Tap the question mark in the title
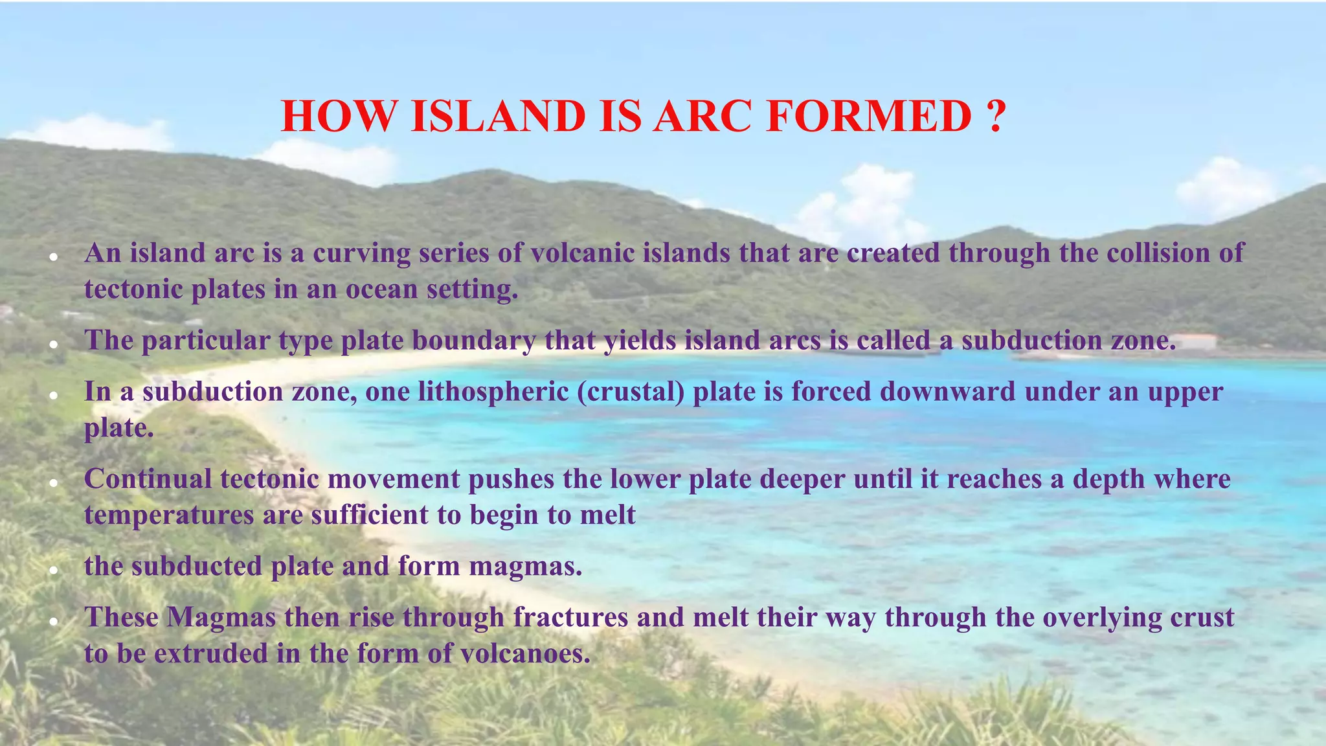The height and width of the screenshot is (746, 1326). pos(997,117)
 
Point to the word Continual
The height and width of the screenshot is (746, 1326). pos(148,479)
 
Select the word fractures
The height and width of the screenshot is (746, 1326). pos(570,617)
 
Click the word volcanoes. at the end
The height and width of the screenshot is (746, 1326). pos(525,653)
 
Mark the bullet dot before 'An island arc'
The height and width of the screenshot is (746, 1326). pos(54,258)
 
